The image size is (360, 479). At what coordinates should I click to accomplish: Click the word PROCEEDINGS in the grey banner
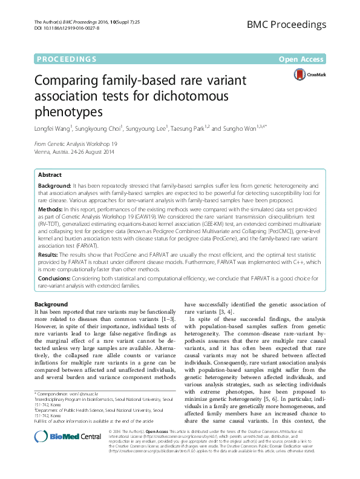[x=67, y=59]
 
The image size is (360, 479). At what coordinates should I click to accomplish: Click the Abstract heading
[x=50, y=174]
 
